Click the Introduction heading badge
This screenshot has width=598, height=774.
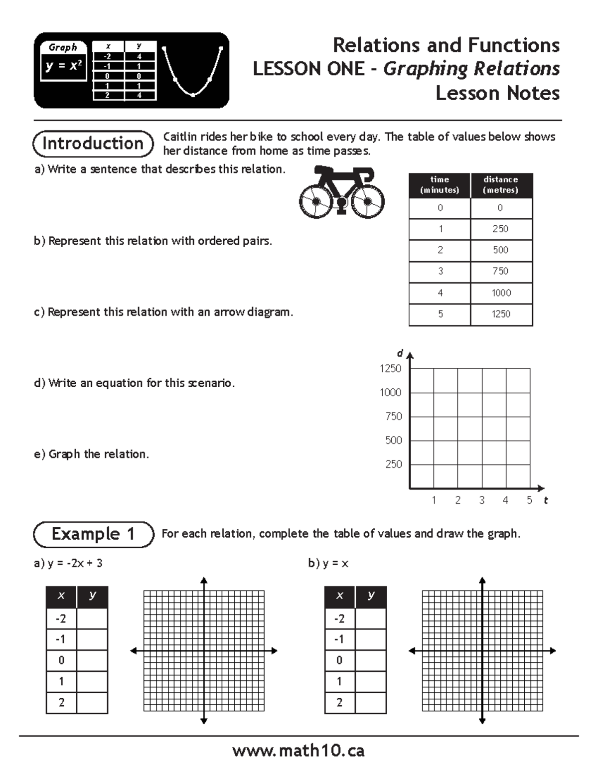pos(93,144)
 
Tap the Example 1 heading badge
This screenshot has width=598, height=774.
pos(93,534)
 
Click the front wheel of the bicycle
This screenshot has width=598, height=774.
pos(367,201)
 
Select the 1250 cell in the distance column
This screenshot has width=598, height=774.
pos(501,314)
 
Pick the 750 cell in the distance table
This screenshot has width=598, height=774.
pos(501,271)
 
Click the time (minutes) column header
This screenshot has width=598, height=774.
pos(440,185)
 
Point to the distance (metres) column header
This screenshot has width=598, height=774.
pos(501,185)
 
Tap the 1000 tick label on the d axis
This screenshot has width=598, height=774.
pos(390,393)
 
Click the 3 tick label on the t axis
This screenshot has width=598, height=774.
pos(481,500)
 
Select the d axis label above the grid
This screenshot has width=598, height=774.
pos(400,353)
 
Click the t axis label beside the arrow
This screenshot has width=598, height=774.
pos(546,500)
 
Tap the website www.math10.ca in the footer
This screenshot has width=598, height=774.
pos(298,751)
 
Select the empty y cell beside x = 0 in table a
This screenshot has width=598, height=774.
pos(92,660)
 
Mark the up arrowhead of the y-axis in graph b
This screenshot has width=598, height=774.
pos(482,580)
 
